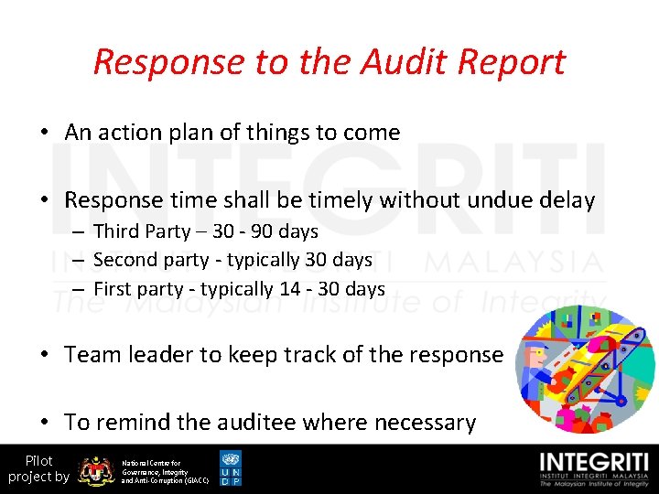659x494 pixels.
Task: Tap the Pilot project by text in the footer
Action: (38, 468)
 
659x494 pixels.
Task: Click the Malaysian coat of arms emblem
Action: (95, 469)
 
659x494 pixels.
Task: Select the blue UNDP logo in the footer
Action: (231, 468)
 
